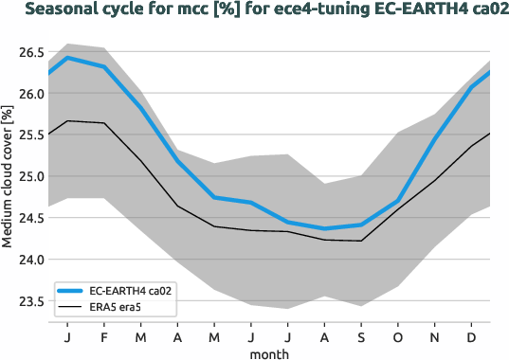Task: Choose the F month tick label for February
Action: point(104,336)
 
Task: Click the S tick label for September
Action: point(360,336)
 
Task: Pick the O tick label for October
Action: point(397,336)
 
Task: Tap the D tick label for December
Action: point(471,336)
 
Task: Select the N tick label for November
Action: point(434,336)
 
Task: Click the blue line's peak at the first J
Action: point(67,58)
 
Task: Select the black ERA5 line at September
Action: point(360,241)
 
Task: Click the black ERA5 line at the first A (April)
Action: point(177,206)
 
